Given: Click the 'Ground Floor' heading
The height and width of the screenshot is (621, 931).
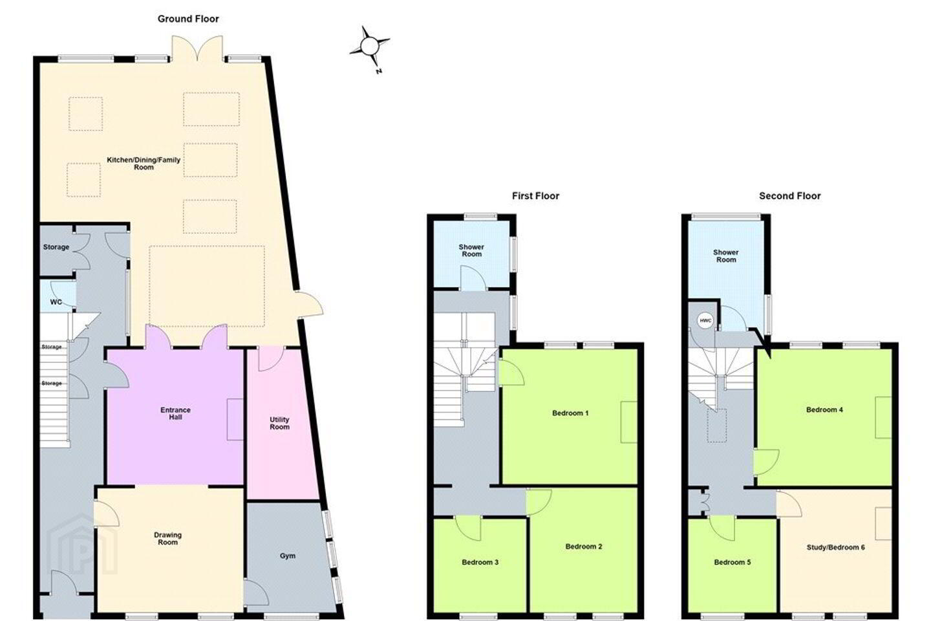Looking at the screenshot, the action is (x=188, y=19).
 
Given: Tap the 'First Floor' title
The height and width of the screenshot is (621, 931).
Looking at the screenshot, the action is (x=535, y=195).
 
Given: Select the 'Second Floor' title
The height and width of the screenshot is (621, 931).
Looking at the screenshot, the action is (x=789, y=195).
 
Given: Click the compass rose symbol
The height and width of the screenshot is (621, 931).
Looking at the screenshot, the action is (x=369, y=47).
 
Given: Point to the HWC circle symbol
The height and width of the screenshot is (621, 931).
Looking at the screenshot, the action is (x=705, y=321).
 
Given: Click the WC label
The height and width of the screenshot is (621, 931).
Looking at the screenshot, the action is (x=56, y=301).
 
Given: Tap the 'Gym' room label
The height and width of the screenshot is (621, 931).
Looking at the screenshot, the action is (x=288, y=556).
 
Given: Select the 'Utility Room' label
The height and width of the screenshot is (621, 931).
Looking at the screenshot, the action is (x=279, y=423).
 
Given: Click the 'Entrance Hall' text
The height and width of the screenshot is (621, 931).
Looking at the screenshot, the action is (x=175, y=413).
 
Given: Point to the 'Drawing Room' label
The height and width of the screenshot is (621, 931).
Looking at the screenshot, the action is (x=167, y=539).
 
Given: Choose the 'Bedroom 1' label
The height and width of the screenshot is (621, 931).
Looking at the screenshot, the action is (x=570, y=413).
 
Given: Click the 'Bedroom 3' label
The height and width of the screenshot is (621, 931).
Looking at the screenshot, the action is (x=480, y=562).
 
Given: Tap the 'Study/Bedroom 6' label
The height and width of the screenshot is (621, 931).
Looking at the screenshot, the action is (x=836, y=547).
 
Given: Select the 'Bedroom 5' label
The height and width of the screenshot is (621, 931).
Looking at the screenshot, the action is (x=733, y=562).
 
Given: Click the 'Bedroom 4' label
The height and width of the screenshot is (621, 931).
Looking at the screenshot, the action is (x=824, y=409).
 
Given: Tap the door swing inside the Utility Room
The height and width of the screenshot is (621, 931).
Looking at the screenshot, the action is (x=271, y=358).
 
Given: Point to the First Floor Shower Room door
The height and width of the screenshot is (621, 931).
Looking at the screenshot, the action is (x=473, y=278).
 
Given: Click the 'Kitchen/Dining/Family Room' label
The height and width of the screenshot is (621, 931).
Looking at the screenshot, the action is (x=144, y=164).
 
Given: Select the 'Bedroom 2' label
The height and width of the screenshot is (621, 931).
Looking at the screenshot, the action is (x=584, y=547).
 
